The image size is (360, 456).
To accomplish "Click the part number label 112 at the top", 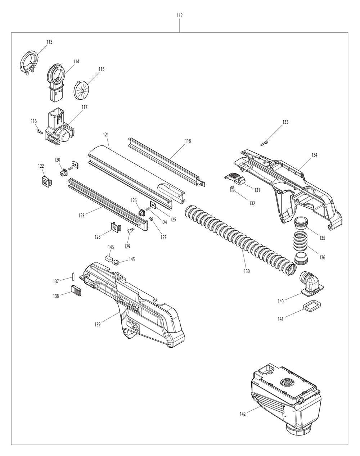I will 180,15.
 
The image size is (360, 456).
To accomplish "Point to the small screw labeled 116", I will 37,132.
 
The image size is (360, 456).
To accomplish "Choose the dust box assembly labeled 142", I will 286,396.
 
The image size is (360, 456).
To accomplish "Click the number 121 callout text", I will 105,135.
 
